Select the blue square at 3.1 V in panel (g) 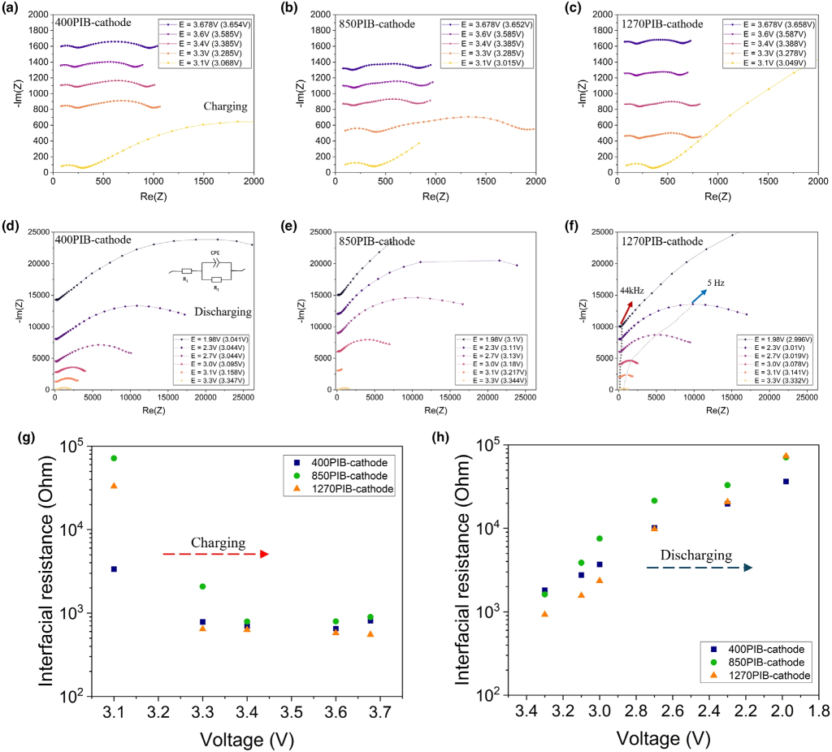(114, 569)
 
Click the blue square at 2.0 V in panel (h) (786, 482)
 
